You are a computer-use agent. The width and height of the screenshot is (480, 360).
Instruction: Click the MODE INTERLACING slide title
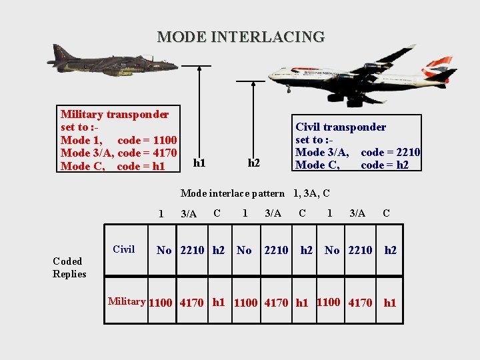(241, 37)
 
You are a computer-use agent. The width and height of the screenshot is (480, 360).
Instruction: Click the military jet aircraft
(110, 61)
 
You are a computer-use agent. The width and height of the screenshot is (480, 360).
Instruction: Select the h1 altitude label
(199, 162)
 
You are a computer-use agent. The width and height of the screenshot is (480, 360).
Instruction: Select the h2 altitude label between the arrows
(254, 163)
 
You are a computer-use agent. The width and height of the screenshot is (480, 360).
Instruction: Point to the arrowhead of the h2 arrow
(253, 84)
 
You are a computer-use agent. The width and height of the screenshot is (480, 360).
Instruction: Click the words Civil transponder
(340, 127)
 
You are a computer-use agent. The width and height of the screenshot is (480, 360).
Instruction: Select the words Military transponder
(114, 114)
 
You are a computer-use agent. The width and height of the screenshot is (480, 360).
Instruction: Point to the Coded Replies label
(69, 267)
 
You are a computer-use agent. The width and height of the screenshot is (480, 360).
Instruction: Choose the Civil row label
(123, 249)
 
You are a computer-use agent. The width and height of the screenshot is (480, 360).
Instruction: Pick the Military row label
(127, 301)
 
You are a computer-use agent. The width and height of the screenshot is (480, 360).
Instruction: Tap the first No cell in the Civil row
(164, 250)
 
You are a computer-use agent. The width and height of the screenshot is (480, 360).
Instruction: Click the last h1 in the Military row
(390, 303)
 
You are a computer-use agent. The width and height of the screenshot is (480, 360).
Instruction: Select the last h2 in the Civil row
(391, 250)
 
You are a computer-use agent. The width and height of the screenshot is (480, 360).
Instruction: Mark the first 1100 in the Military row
(160, 303)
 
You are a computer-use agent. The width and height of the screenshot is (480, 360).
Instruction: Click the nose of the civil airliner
(272, 76)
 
